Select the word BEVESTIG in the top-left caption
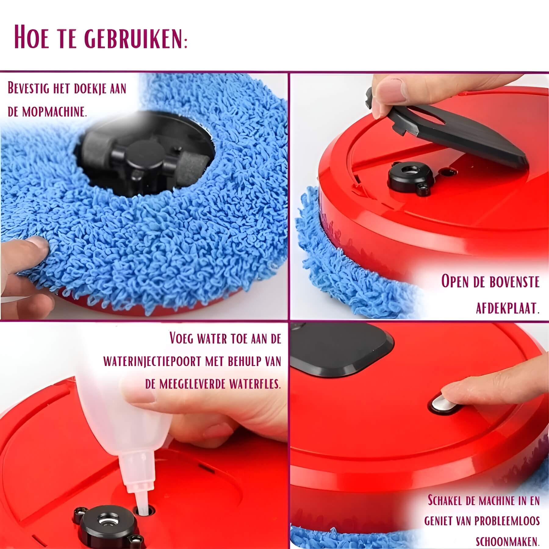[x=27, y=89]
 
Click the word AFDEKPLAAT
[x=508, y=309]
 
